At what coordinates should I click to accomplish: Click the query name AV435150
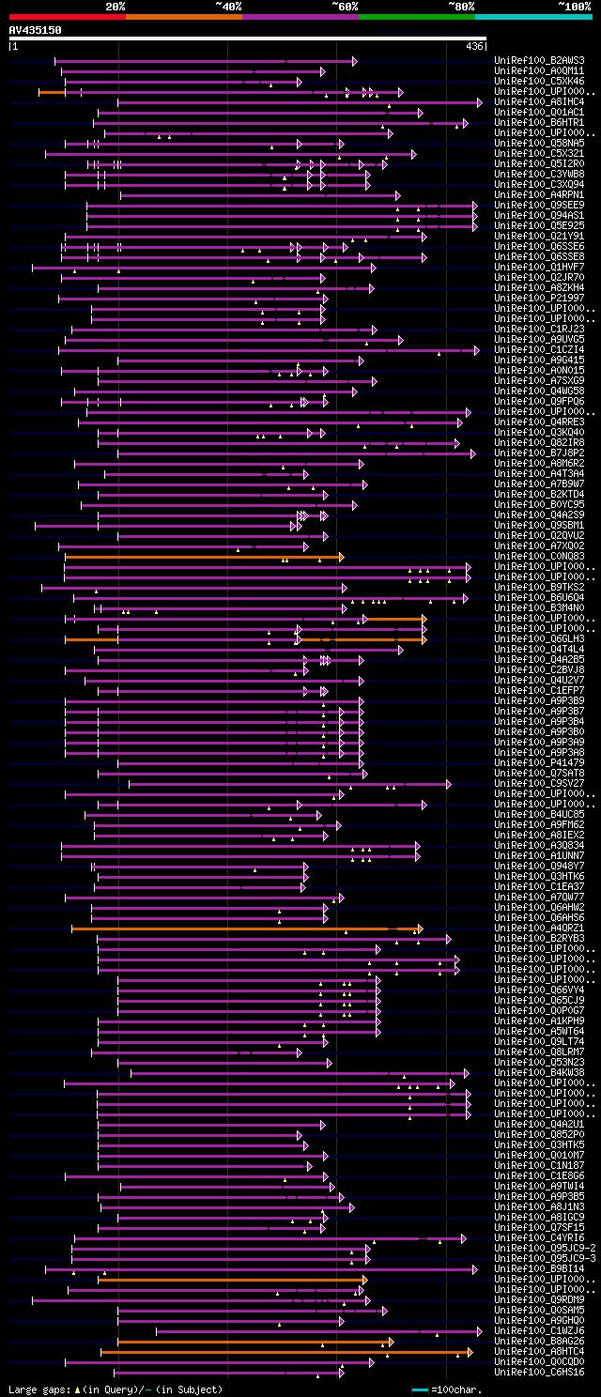(36, 30)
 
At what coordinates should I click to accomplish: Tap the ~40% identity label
(228, 6)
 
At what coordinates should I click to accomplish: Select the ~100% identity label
(575, 6)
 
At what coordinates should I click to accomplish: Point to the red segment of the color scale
(67, 16)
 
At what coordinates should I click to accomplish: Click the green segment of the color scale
(416, 16)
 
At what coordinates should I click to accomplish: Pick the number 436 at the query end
(474, 46)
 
